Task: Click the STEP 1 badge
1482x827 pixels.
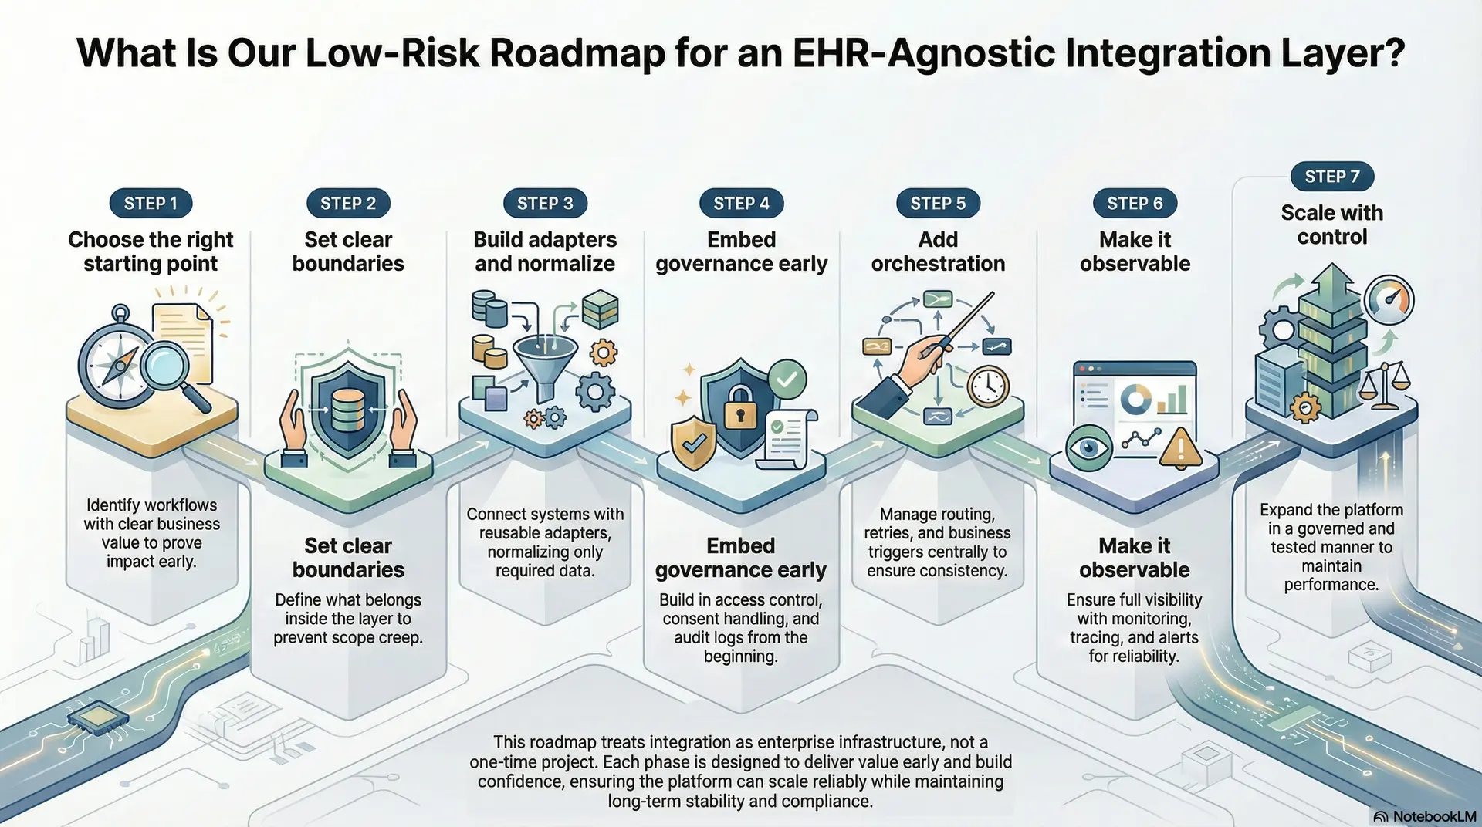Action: tap(151, 204)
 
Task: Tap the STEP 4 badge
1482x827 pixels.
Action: tap(741, 204)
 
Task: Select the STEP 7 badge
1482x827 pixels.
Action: tap(1331, 177)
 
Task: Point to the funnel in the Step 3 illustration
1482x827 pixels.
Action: tap(545, 363)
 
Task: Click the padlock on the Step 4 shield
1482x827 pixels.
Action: tap(739, 410)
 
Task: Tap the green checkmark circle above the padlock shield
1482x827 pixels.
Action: tap(787, 379)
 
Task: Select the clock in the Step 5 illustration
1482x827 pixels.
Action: tap(987, 386)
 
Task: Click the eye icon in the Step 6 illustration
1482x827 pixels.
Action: tap(1088, 447)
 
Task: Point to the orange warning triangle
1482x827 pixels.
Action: tap(1179, 448)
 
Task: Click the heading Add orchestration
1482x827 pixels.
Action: tap(938, 251)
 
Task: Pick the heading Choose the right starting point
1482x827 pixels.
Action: tap(151, 251)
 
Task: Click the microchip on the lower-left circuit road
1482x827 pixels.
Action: tap(99, 717)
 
